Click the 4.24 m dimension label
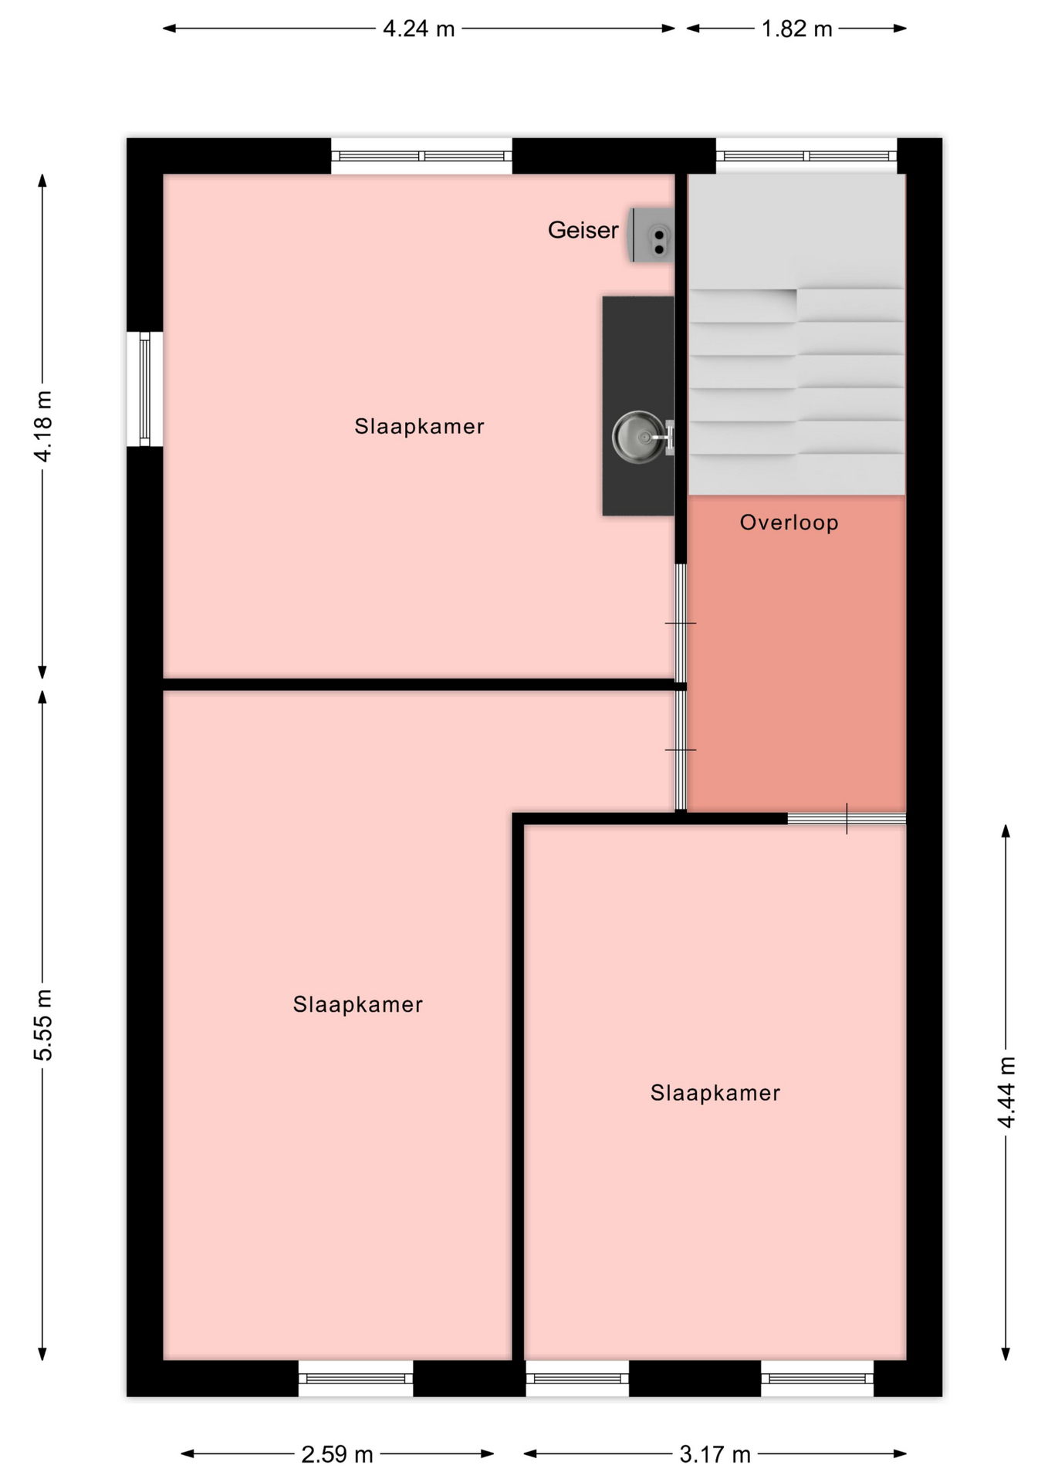(x=419, y=29)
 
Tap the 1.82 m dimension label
(x=796, y=29)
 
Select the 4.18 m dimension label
(x=43, y=426)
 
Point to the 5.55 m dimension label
(x=43, y=1024)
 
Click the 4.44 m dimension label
(x=1006, y=1091)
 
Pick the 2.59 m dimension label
(x=337, y=1454)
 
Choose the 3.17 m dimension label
(x=715, y=1454)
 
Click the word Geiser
(x=583, y=230)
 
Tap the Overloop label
(x=789, y=523)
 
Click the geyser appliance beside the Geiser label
(x=652, y=235)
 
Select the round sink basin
(x=639, y=437)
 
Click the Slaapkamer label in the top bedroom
(x=419, y=426)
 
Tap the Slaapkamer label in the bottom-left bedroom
(x=357, y=1004)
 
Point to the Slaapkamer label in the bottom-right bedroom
(x=715, y=1092)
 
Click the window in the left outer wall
(x=144, y=389)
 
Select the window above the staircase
(x=806, y=156)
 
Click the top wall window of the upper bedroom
(x=421, y=156)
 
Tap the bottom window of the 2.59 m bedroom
(x=356, y=1378)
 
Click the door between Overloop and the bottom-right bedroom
(x=847, y=818)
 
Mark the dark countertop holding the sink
(x=638, y=406)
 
